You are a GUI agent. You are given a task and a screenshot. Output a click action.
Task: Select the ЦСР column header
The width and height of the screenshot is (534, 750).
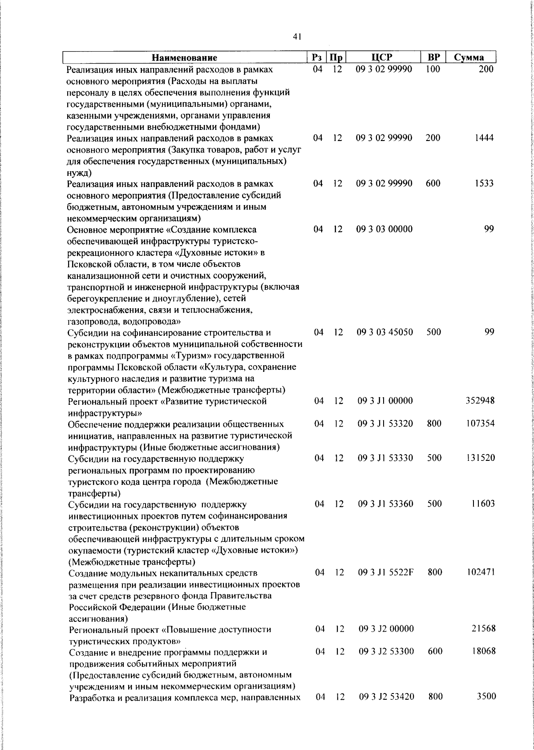coord(384,57)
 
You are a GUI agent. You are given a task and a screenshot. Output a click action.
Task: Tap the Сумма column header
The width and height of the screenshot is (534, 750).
coord(469,58)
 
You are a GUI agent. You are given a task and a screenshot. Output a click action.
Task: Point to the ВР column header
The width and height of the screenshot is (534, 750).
coord(433,57)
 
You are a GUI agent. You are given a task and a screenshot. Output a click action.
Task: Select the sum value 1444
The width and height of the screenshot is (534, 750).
coord(483,138)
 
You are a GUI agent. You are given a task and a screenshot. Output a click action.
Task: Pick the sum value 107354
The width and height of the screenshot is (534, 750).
coord(480,423)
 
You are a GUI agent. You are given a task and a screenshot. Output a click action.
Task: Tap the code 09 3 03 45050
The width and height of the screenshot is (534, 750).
coord(384,332)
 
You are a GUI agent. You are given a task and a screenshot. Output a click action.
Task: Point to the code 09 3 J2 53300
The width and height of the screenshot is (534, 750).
coord(386,651)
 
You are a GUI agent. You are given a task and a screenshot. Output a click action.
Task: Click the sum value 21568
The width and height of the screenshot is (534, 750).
coord(483,629)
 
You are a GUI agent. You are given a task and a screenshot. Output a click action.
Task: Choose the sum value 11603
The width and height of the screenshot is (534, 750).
coord(482,504)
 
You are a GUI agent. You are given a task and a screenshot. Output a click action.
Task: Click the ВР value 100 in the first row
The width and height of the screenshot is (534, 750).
coord(432,69)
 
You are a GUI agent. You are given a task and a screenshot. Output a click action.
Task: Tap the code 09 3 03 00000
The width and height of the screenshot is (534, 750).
coord(384,229)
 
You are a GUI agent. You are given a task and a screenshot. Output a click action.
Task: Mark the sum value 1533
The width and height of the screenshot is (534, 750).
coord(483,183)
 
